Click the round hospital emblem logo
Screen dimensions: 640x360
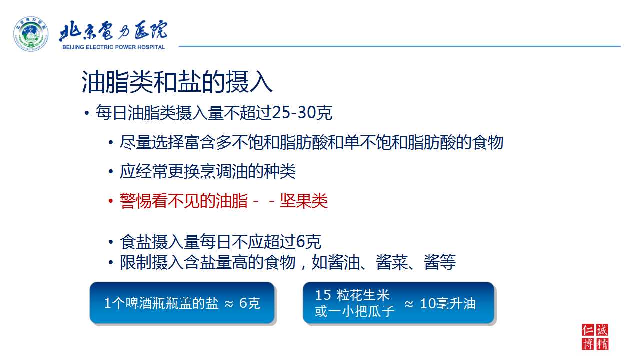pyautogui.click(x=31, y=34)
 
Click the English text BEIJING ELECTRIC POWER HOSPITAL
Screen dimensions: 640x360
pyautogui.click(x=113, y=47)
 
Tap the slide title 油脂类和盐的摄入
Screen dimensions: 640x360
pyautogui.click(x=177, y=82)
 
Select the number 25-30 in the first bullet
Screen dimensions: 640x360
pyautogui.click(x=294, y=112)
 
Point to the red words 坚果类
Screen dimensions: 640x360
pyautogui.click(x=303, y=201)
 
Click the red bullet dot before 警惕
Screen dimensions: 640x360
pyautogui.click(x=111, y=201)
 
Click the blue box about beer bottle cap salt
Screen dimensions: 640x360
pyautogui.click(x=182, y=303)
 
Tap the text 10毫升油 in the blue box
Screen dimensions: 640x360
pyautogui.click(x=448, y=303)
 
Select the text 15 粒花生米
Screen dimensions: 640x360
pyautogui.click(x=352, y=295)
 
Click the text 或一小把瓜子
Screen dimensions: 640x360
pyautogui.click(x=355, y=311)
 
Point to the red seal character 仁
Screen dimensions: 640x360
pyautogui.click(x=588, y=330)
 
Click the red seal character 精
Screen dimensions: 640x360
pyautogui.click(x=602, y=344)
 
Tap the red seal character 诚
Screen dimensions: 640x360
pyautogui.click(x=602, y=330)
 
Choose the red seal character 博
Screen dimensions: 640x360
pyautogui.click(x=588, y=344)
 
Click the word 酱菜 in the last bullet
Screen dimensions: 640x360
pyautogui.click(x=391, y=262)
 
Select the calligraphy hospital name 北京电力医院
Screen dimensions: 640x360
pyautogui.click(x=113, y=30)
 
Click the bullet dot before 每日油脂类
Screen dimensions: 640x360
pyautogui.click(x=87, y=113)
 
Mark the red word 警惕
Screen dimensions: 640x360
pyautogui.click(x=135, y=201)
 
